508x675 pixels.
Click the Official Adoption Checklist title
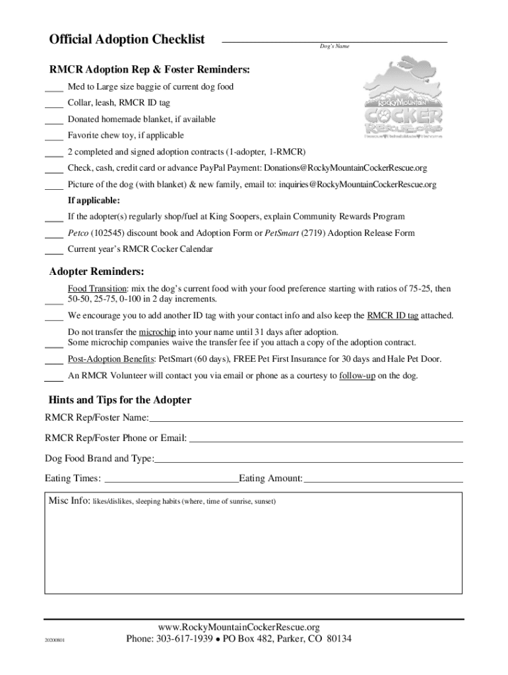click(x=127, y=40)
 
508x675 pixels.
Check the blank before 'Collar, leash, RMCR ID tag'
click(x=54, y=103)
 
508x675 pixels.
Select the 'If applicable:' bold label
click(x=94, y=200)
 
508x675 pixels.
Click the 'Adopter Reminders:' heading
click(x=97, y=272)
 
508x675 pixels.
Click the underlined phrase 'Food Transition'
click(x=97, y=289)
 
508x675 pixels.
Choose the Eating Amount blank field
click(x=383, y=480)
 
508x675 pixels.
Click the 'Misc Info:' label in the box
click(x=69, y=501)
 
